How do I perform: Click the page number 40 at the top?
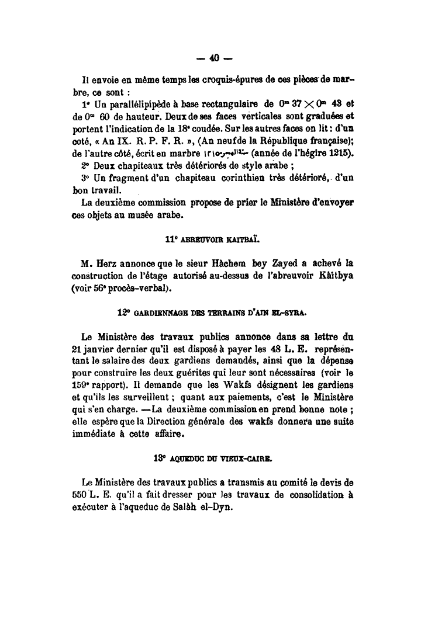[213, 58]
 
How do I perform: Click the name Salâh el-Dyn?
[208, 507]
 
